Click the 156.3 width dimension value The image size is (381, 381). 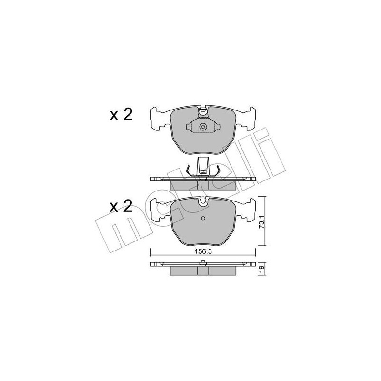coord(203,253)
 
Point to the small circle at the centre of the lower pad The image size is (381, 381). coord(203,219)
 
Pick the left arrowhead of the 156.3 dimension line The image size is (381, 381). coord(152,256)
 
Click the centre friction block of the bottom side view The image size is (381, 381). coord(203,270)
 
